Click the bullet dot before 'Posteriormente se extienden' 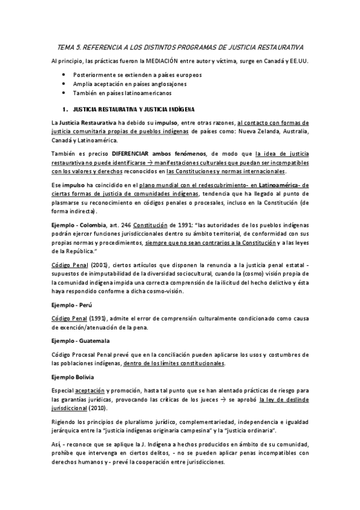[x=64, y=74]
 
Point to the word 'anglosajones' [x=169, y=84]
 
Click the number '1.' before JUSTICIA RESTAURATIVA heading [x=66, y=109]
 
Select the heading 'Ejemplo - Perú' [x=75, y=306]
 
